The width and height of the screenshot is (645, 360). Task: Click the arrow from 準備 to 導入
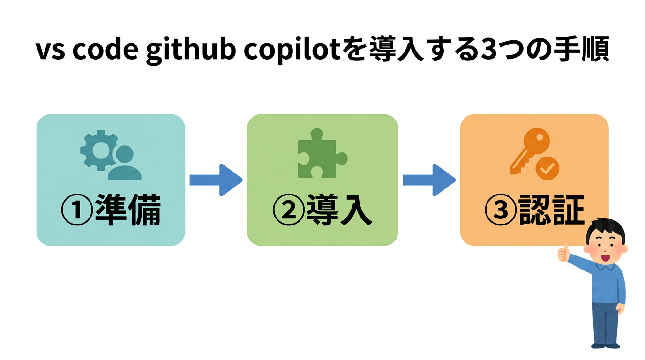click(216, 180)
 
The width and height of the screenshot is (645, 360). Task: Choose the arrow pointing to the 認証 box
click(428, 180)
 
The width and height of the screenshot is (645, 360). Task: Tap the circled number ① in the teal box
click(76, 211)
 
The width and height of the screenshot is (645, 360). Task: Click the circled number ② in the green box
click(288, 211)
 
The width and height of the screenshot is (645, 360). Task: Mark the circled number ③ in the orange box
click(500, 211)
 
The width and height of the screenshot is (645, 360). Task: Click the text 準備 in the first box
click(127, 210)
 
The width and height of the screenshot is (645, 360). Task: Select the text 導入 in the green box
click(338, 210)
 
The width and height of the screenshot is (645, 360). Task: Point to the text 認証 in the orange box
click(551, 210)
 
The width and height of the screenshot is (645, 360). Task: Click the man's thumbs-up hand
click(563, 253)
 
